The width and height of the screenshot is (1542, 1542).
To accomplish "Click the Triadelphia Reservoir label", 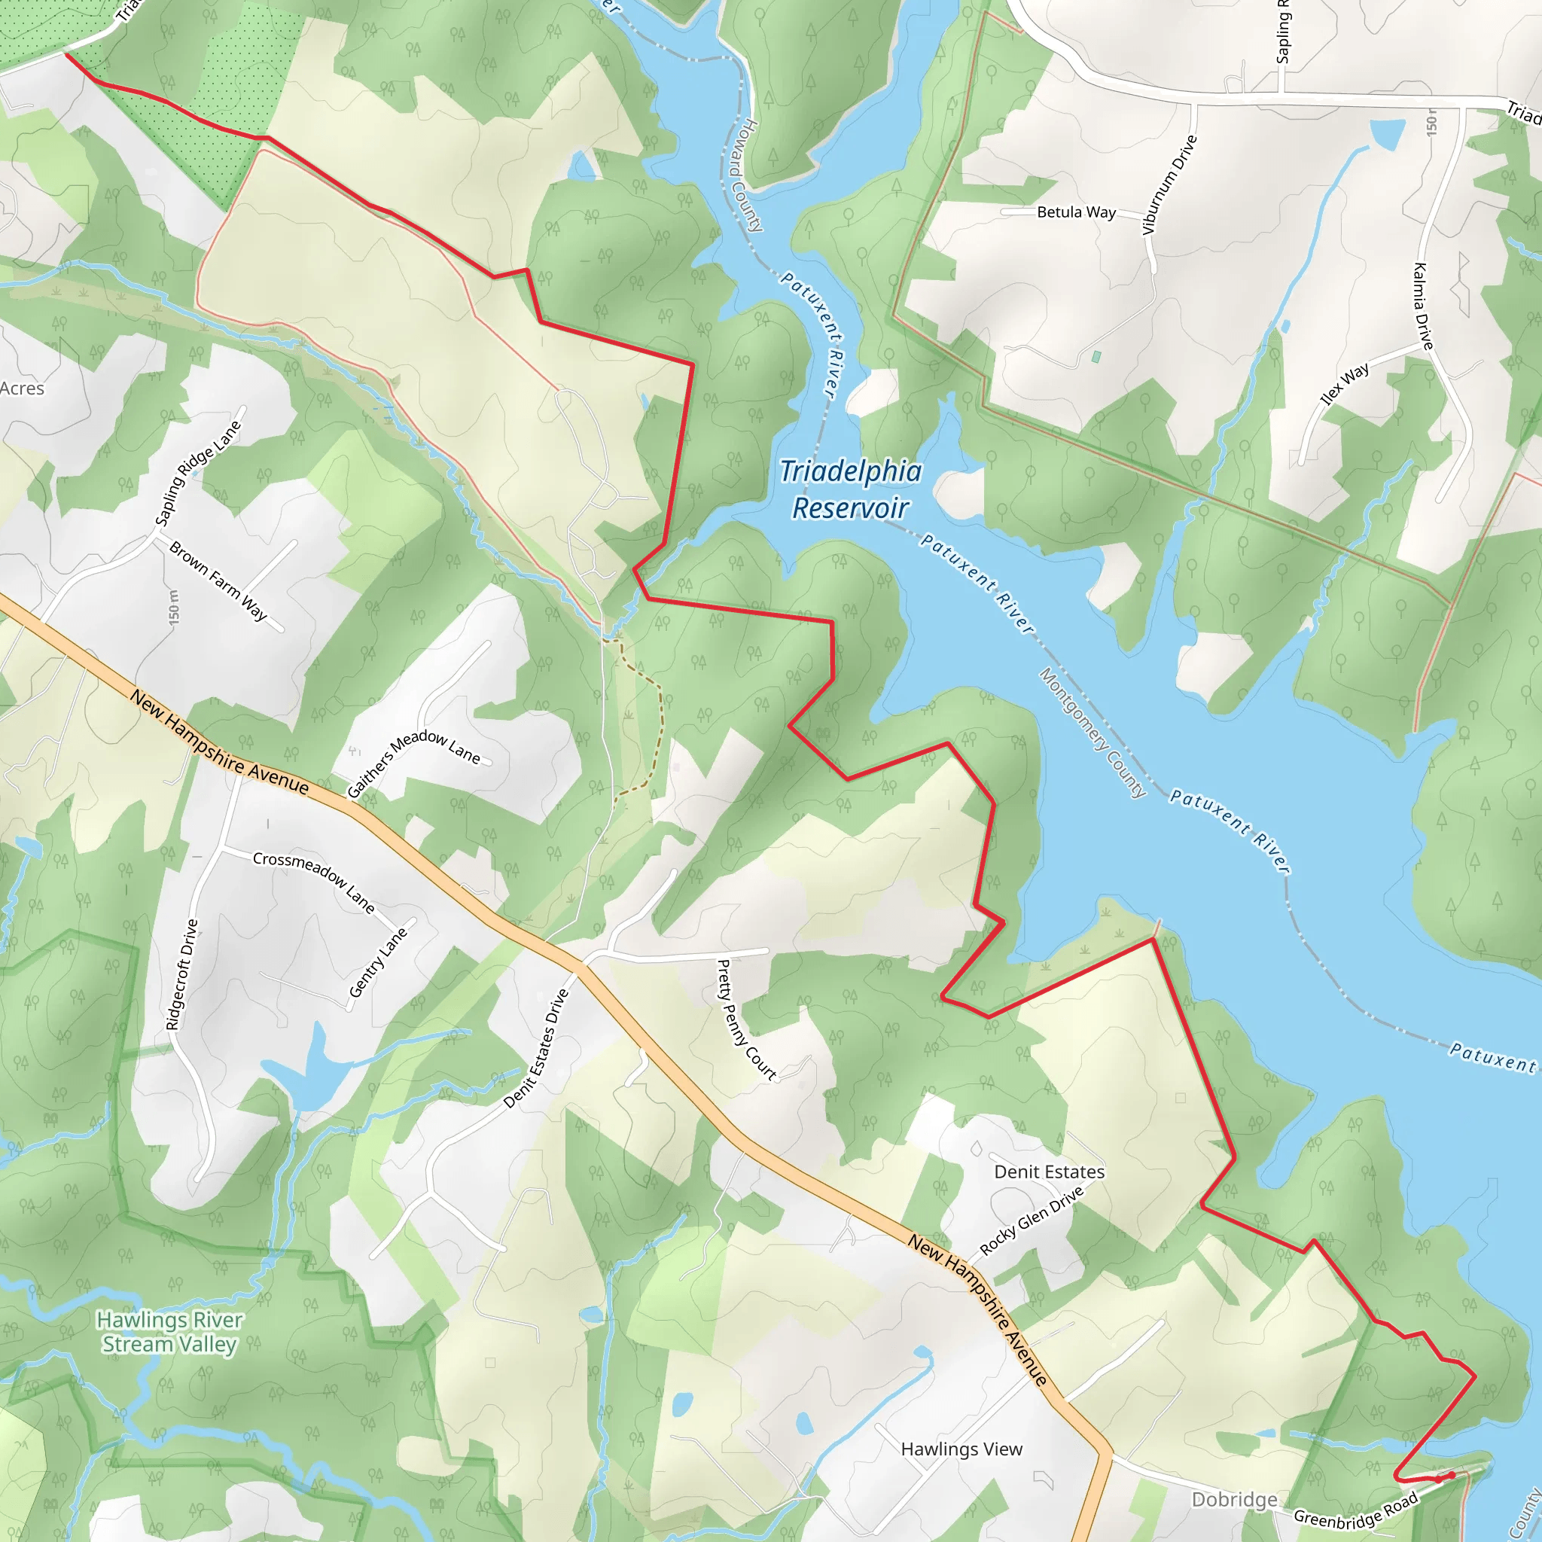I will coord(851,489).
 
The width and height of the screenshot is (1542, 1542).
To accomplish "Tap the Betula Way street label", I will coord(1076,212).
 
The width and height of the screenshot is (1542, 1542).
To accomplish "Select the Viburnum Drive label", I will coord(1169,185).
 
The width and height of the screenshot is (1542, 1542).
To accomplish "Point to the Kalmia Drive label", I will coord(1423,306).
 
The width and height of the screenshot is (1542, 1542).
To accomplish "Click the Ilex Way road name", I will coord(1345,383).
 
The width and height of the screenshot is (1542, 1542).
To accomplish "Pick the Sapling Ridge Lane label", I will coord(197,474).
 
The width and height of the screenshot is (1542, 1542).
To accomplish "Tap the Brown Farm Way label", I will coord(218,581).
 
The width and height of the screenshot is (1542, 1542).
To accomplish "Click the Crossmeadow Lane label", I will coord(314,881).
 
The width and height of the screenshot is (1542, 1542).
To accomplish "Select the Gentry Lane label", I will coord(377,962).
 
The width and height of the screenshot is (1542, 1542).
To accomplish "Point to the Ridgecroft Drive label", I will coord(181,974).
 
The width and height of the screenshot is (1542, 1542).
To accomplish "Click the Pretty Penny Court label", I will coord(746,1019).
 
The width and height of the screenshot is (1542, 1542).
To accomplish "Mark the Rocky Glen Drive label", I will coord(1032,1220).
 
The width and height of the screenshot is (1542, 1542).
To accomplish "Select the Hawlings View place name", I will coord(961,1449).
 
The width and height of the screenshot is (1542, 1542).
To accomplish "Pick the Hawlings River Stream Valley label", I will coord(169,1332).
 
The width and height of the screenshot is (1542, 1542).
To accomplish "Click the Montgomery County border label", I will coord(1093,732).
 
